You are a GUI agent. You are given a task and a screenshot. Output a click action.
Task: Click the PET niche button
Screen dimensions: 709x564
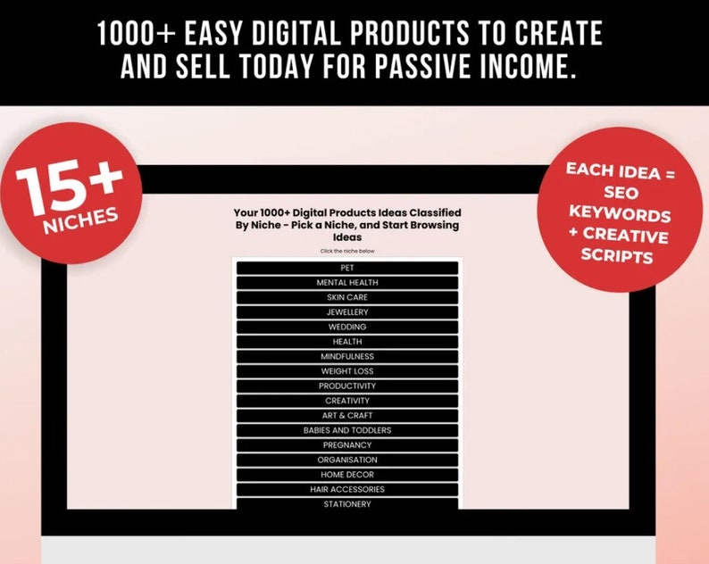pyautogui.click(x=347, y=268)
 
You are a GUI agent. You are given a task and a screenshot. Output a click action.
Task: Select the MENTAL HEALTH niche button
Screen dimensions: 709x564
pyautogui.click(x=347, y=283)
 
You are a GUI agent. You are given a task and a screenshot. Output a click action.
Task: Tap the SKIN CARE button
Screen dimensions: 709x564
pyautogui.click(x=347, y=297)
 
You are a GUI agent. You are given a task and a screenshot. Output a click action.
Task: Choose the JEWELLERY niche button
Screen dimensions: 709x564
pyautogui.click(x=347, y=312)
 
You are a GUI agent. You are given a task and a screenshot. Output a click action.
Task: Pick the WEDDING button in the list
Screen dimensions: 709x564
pyautogui.click(x=347, y=327)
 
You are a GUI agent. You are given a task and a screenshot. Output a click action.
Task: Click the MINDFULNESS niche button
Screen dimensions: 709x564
pyautogui.click(x=347, y=357)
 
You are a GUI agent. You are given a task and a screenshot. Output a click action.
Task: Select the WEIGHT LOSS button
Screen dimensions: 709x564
pyautogui.click(x=347, y=371)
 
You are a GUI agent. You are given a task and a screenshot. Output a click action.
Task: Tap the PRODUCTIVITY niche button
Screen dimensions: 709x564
pyautogui.click(x=347, y=386)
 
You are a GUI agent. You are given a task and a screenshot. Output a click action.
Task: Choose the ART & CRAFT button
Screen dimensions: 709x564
pyautogui.click(x=347, y=415)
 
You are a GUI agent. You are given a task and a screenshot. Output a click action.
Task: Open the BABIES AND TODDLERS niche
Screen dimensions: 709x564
pyautogui.click(x=347, y=430)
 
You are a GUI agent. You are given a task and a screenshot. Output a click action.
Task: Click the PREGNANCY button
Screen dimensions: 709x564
pyautogui.click(x=347, y=445)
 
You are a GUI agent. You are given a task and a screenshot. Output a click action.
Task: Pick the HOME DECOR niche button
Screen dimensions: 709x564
pyautogui.click(x=347, y=475)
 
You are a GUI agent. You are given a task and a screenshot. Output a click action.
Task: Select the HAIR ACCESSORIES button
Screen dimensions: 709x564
pyautogui.click(x=347, y=489)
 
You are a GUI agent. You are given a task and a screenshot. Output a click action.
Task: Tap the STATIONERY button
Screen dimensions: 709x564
pyautogui.click(x=347, y=504)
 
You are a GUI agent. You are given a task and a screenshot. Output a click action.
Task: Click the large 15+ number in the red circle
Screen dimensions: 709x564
pyautogui.click(x=69, y=187)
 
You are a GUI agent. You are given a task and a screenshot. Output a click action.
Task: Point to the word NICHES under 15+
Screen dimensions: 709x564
pyautogui.click(x=80, y=220)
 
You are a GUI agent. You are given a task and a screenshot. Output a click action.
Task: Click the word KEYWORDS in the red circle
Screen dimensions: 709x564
pyautogui.click(x=620, y=213)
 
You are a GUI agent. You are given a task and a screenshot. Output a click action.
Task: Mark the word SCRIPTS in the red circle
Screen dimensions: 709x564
pyautogui.click(x=617, y=255)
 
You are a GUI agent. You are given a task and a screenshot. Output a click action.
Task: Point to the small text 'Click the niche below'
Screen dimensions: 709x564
pyautogui.click(x=347, y=251)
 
